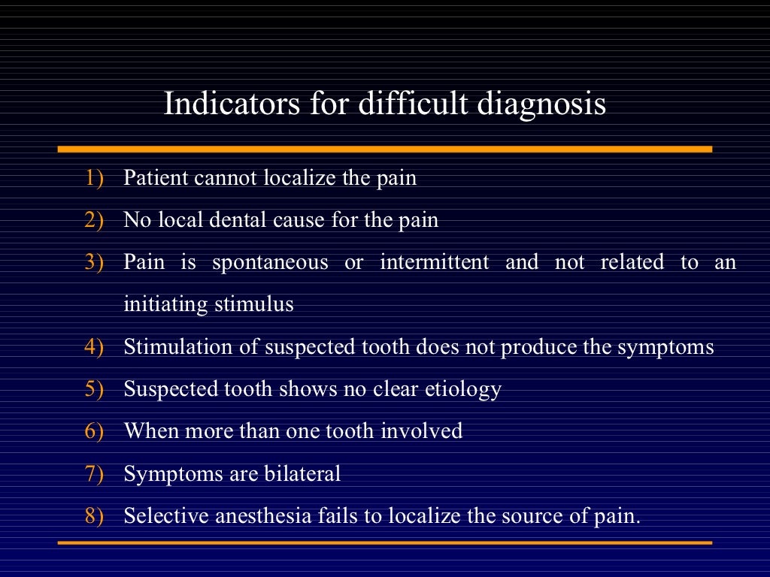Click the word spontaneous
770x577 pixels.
point(270,263)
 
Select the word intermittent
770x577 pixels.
point(434,263)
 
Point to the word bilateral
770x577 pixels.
point(302,474)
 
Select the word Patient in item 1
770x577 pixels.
point(156,179)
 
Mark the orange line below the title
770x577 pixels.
point(385,149)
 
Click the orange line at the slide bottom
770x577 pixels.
point(385,542)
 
